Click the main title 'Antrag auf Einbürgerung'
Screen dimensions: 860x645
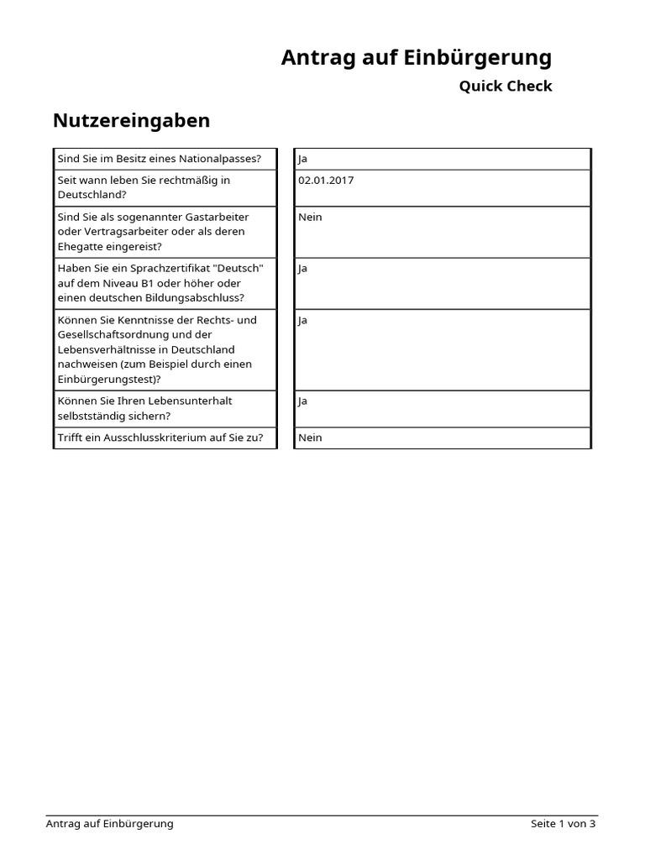(x=417, y=58)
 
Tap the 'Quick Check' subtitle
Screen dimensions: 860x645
(x=505, y=86)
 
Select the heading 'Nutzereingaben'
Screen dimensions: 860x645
(x=131, y=121)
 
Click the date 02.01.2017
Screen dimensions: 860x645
(x=326, y=180)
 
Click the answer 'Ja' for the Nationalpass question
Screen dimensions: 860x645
(x=302, y=159)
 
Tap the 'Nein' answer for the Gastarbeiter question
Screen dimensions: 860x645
(x=310, y=217)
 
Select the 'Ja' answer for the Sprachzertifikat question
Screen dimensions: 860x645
(x=302, y=269)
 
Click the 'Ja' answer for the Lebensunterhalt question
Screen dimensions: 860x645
(x=302, y=401)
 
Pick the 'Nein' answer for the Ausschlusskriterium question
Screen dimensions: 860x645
(x=310, y=438)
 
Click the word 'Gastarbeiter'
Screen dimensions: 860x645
(x=217, y=217)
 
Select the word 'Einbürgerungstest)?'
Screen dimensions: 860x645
(x=109, y=379)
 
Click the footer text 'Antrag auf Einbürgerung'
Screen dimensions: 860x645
(x=109, y=824)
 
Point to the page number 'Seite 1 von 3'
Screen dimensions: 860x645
(x=563, y=824)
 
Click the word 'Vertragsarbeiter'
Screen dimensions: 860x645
(x=114, y=232)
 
